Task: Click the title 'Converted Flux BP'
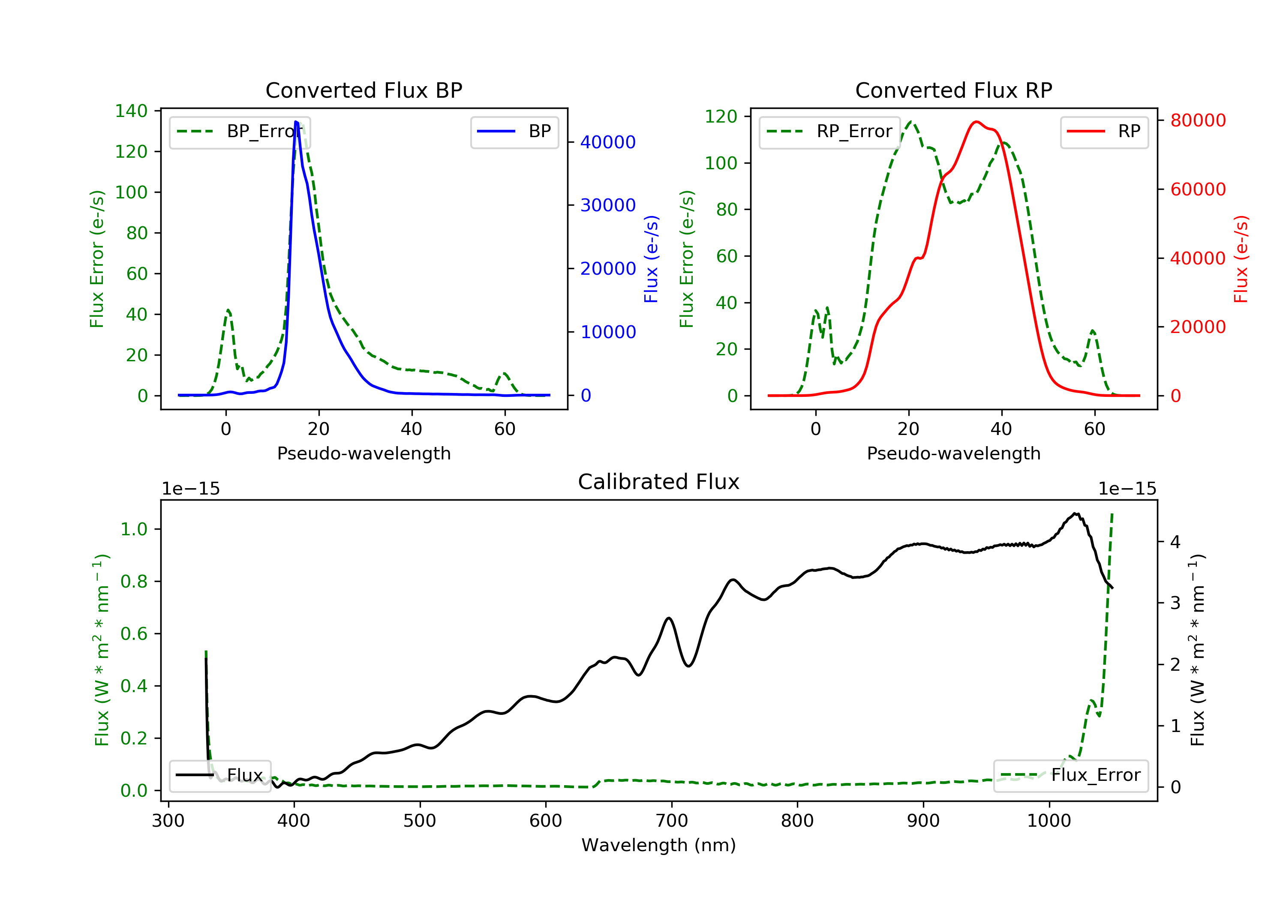click(364, 90)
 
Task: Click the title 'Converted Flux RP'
click(953, 90)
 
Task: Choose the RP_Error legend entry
click(829, 132)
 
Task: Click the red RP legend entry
click(1104, 132)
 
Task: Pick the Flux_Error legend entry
click(1070, 775)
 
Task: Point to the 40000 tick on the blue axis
click(608, 142)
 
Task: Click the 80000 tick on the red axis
click(1198, 120)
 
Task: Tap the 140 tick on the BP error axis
click(131, 111)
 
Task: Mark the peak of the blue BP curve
click(296, 122)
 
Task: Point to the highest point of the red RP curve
click(976, 122)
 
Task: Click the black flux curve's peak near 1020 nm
click(1076, 513)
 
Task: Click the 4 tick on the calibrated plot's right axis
click(1175, 542)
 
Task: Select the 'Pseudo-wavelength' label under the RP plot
click(953, 453)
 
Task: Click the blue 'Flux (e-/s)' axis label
click(651, 259)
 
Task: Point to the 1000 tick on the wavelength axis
click(1049, 821)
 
